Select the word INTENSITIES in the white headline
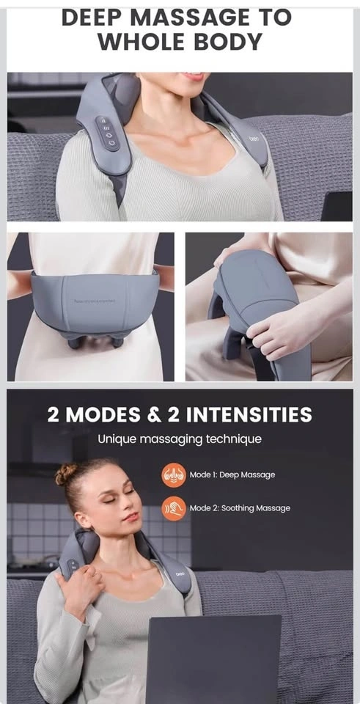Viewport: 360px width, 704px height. (249, 414)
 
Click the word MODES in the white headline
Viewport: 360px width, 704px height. (103, 414)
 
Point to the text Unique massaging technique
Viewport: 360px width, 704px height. (180, 439)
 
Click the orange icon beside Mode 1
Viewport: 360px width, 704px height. (174, 475)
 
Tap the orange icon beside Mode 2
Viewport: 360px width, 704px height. (174, 508)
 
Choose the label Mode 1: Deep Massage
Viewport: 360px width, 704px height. (232, 474)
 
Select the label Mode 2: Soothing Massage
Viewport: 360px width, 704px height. (240, 508)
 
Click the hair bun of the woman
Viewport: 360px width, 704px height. (66, 474)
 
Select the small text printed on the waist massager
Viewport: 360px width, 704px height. (95, 301)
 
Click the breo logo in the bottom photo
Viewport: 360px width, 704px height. (180, 573)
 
